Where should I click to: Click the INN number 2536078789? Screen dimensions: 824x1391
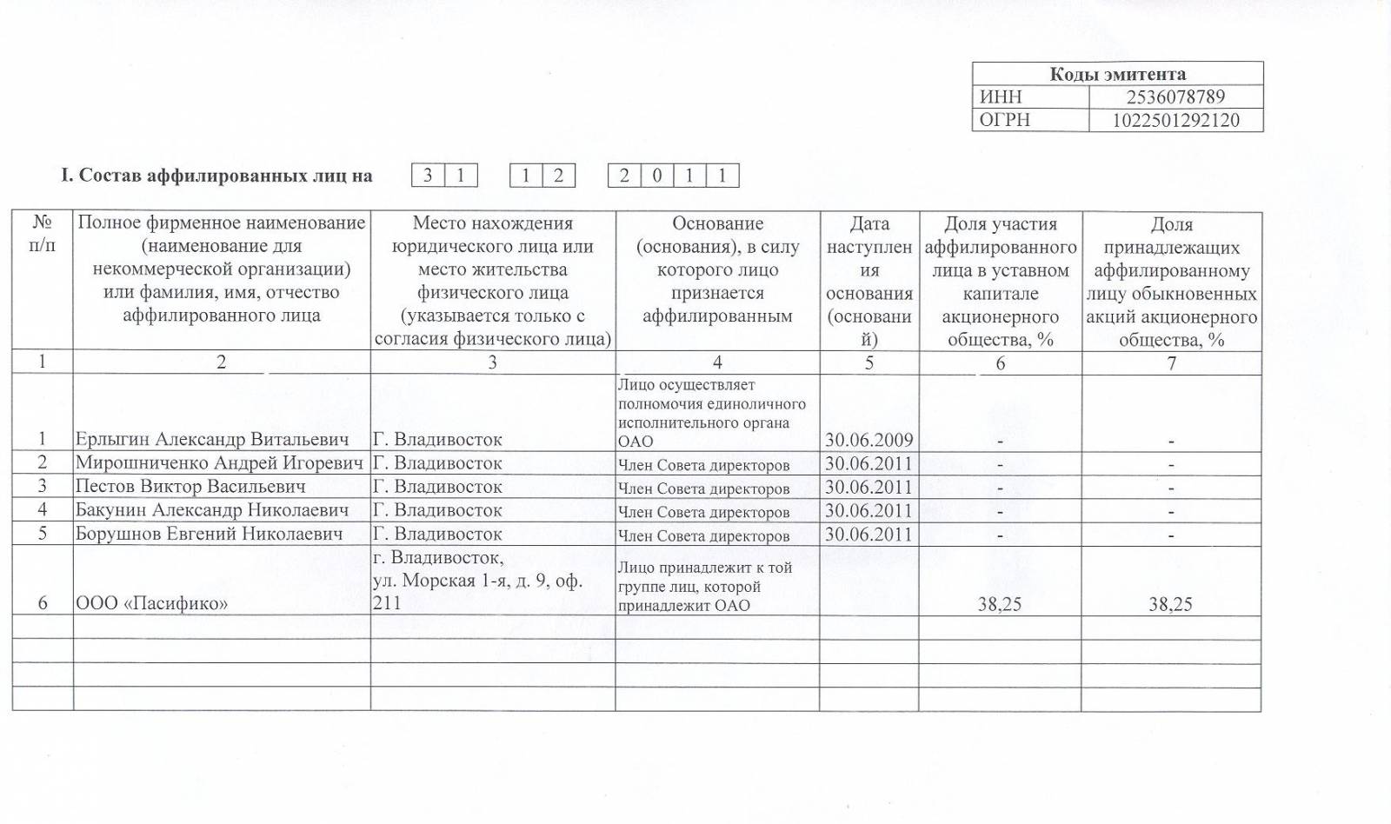(1175, 96)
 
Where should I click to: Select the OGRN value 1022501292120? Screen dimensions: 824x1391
(1175, 120)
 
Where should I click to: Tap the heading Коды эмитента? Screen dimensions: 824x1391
(1117, 74)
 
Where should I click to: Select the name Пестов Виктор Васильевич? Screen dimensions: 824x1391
(190, 487)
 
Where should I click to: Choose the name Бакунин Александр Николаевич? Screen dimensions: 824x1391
(212, 510)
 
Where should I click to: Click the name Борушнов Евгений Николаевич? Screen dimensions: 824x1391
(209, 534)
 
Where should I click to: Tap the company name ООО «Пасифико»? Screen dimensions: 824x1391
(152, 603)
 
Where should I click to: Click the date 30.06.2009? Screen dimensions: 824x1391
(869, 440)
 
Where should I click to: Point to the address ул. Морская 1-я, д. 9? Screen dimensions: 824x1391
(476, 580)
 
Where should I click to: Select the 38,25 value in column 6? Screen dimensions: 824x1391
(1000, 604)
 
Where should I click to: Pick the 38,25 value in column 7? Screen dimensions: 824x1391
(1170, 604)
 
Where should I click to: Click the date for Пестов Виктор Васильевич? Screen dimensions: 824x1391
(869, 487)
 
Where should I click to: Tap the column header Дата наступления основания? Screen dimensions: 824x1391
(869, 281)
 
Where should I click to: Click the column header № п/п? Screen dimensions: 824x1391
(42, 234)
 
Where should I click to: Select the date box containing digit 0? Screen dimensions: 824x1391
(656, 176)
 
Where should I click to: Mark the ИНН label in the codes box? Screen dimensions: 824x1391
(1001, 96)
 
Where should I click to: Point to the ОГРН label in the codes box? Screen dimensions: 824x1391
(1005, 120)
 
